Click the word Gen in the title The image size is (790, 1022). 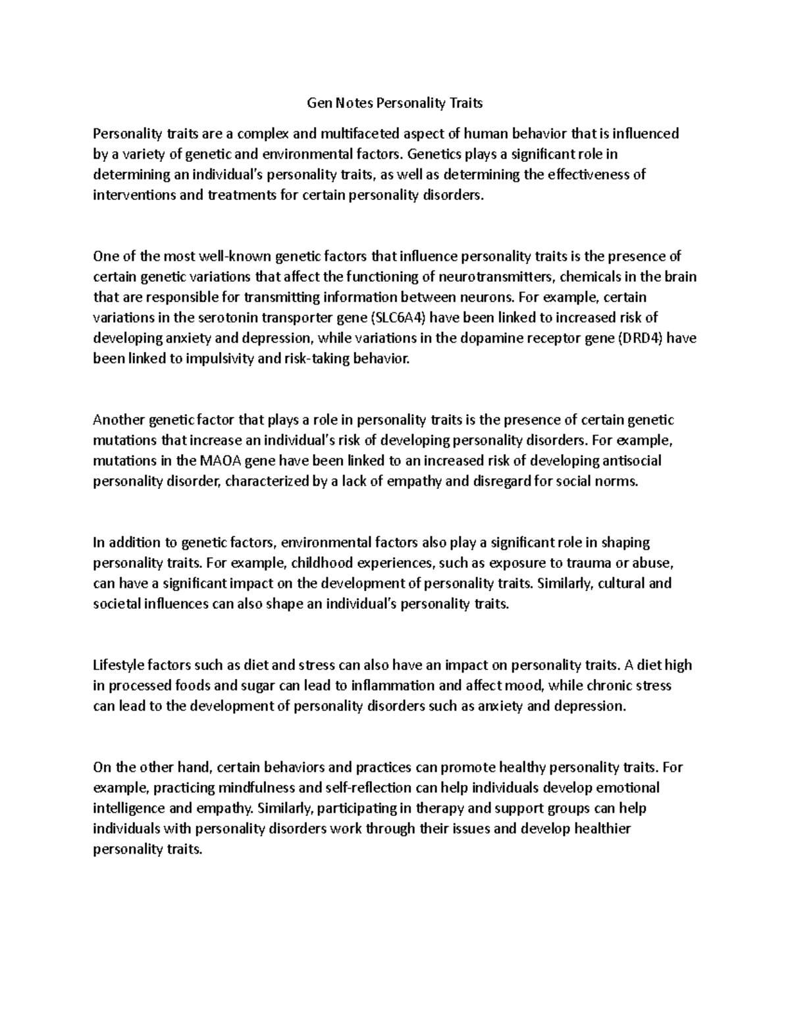point(320,103)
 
